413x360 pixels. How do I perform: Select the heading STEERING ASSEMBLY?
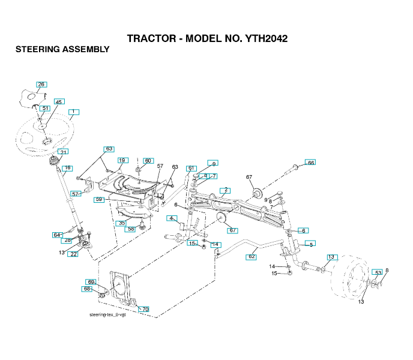coord(62,49)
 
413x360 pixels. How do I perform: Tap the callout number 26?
coord(41,85)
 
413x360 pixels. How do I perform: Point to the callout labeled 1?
coord(73,112)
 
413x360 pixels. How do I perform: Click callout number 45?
coord(59,102)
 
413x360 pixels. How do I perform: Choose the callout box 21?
coord(63,152)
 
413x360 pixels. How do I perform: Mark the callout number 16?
coord(67,168)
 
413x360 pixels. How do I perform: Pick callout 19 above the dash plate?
coord(122,160)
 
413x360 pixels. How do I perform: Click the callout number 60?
coord(148,161)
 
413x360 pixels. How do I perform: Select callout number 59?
coord(100,199)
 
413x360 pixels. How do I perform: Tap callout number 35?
coord(122,223)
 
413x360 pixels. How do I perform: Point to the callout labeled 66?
coord(310,163)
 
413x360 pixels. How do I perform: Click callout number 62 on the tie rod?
coord(252,256)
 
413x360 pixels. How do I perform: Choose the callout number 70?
coord(143,309)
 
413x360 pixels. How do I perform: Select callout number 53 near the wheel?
coord(377,273)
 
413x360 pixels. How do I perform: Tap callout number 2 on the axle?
coord(225,191)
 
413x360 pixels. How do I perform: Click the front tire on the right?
coord(351,280)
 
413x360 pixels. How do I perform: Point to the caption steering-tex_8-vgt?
coord(107,314)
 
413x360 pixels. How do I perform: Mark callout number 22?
coord(73,254)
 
